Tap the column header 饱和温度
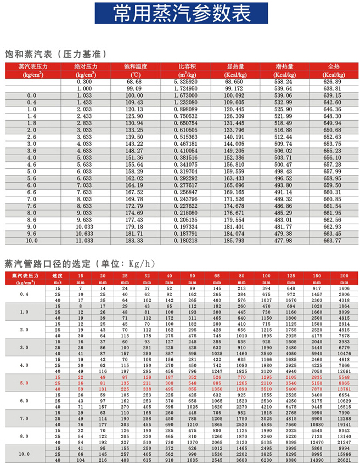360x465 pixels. (x=134, y=66)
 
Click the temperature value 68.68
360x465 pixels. (x=134, y=82)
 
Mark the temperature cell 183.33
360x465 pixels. (x=134, y=241)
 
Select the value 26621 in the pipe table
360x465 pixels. (x=345, y=461)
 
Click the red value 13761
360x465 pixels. (x=345, y=389)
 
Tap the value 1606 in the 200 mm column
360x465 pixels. (x=345, y=288)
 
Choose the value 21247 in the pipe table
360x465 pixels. (x=345, y=442)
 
